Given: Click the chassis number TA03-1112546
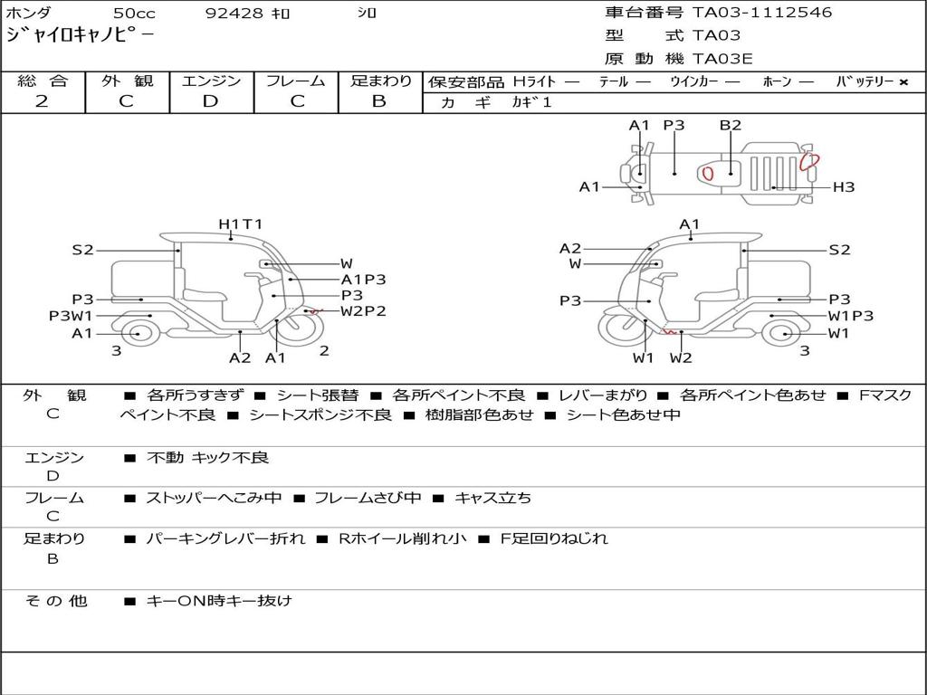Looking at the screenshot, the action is click(x=762, y=13).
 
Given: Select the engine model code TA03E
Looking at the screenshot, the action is click(x=722, y=59).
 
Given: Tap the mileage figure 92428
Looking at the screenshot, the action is click(x=234, y=13).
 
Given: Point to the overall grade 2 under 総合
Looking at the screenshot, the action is click(x=42, y=101).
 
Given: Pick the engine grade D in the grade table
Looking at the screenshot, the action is click(x=210, y=101).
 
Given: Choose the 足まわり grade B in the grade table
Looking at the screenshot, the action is click(x=379, y=101).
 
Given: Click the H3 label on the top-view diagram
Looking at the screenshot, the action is click(x=844, y=187).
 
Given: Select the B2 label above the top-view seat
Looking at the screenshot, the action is click(x=731, y=125).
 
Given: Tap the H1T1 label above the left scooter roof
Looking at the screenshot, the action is click(x=240, y=224).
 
